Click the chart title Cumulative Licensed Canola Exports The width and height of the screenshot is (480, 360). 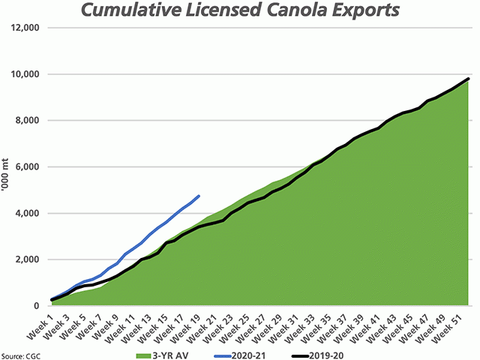(x=240, y=12)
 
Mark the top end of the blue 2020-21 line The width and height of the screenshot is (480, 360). (x=199, y=196)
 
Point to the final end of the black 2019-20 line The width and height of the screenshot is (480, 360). (x=469, y=79)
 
